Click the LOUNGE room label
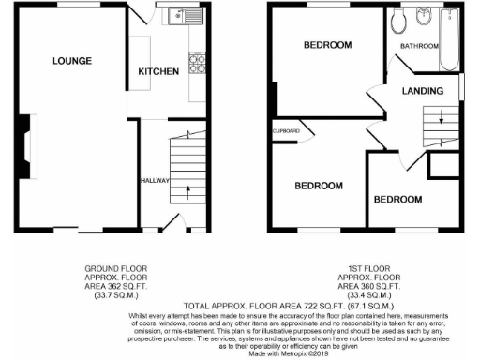pyautogui.click(x=72, y=62)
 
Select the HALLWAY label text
pyautogui.click(x=154, y=180)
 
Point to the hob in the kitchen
pyautogui.click(x=198, y=64)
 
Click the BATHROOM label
pyautogui.click(x=419, y=46)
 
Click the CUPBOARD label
pyautogui.click(x=287, y=130)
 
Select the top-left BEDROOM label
pyautogui.click(x=327, y=45)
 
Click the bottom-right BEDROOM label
pyautogui.click(x=398, y=200)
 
